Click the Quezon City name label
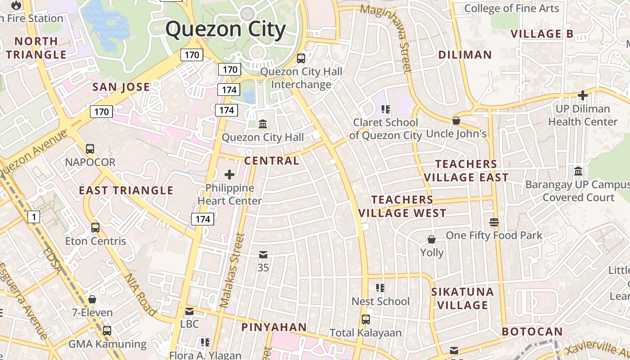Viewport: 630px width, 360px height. click(x=225, y=30)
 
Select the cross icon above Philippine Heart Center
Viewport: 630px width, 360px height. click(x=229, y=175)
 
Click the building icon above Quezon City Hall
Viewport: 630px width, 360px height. click(x=263, y=124)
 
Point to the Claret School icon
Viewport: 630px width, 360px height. click(x=385, y=109)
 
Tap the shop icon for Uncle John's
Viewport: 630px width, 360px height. click(x=456, y=121)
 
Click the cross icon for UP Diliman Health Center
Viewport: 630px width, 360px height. click(x=583, y=95)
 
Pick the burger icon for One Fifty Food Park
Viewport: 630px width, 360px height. click(x=494, y=222)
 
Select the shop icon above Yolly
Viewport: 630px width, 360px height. click(x=431, y=239)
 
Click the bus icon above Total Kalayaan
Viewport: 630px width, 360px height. click(x=365, y=319)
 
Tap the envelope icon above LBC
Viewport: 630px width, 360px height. click(x=189, y=311)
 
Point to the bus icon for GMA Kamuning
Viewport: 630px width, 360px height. click(x=107, y=331)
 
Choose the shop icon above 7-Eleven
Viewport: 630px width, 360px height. click(x=92, y=299)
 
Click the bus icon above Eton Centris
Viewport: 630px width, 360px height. click(x=95, y=228)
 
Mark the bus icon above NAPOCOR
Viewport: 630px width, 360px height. click(x=90, y=149)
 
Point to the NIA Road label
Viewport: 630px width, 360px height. click(x=140, y=295)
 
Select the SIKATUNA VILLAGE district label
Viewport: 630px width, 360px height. click(x=463, y=298)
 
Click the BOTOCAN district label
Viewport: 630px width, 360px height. click(x=532, y=332)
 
